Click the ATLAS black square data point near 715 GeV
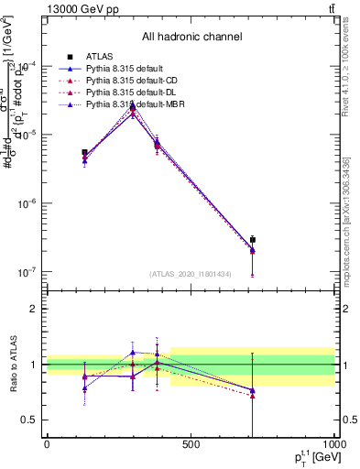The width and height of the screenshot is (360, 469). (x=252, y=240)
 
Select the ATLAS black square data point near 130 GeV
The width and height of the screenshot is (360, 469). (x=84, y=153)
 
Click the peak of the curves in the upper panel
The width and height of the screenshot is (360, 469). (x=133, y=106)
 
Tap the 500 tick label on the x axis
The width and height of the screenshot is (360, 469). (x=191, y=445)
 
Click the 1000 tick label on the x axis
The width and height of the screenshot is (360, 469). (x=333, y=445)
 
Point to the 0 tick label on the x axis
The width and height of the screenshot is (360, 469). (x=47, y=445)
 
